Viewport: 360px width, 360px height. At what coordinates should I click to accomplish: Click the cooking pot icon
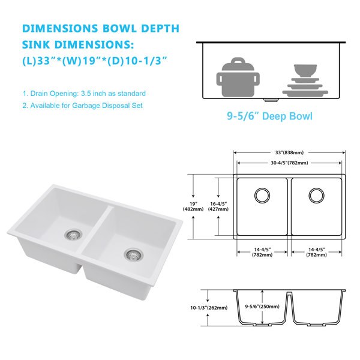238,77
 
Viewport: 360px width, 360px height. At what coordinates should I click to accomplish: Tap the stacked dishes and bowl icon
305,80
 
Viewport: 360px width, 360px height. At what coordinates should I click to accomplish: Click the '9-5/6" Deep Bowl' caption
269,116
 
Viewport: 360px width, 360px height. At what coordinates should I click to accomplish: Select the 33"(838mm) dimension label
289,152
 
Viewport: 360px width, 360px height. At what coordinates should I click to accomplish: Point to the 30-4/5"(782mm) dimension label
289,163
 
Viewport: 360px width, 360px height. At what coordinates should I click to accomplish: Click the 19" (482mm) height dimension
193,206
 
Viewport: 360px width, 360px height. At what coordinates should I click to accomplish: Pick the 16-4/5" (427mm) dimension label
218,206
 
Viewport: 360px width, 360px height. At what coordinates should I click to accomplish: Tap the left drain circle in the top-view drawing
262,196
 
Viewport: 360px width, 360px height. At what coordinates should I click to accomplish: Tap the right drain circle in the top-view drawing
317,196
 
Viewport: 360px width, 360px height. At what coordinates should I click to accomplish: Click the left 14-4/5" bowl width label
262,252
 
